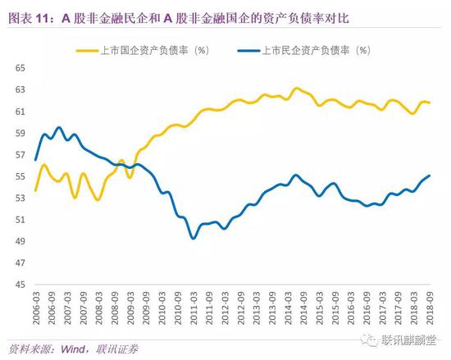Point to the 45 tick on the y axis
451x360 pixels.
coord(17,285)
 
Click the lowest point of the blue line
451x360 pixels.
coord(193,238)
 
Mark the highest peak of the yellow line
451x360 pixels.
coord(298,88)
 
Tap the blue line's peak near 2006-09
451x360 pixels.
coord(59,127)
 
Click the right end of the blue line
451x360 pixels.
coord(430,175)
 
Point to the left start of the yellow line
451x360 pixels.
coord(35,190)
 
